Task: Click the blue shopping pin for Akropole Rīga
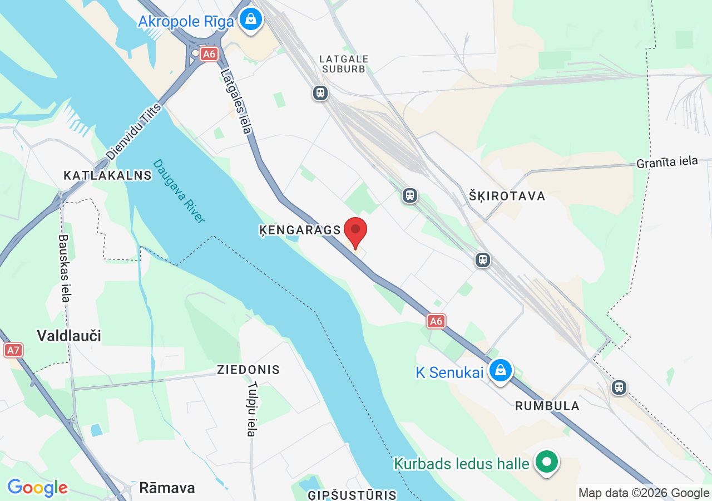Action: point(251,20)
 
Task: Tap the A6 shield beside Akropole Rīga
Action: point(209,54)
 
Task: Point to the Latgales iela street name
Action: point(236,101)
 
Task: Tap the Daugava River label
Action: point(179,190)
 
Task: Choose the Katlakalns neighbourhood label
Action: point(107,175)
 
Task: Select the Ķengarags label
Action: point(300,230)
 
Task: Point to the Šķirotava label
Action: point(507,196)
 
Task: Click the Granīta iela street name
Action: point(667,162)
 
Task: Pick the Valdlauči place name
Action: point(69,335)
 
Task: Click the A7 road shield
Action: point(13,350)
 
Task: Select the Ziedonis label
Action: point(248,370)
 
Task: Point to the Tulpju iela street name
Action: point(252,409)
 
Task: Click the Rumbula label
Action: point(547,406)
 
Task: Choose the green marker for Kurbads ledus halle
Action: point(547,461)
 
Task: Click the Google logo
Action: point(37,488)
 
